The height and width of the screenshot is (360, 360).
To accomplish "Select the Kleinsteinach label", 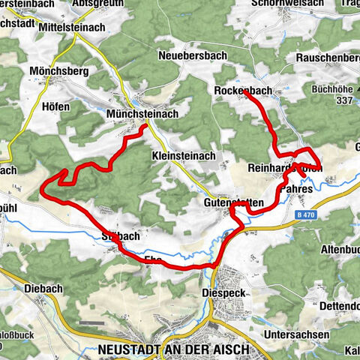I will (x=184, y=156).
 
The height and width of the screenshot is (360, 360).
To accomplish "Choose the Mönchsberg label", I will (x=60, y=71).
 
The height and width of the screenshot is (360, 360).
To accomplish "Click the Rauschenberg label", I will (x=328, y=57).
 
